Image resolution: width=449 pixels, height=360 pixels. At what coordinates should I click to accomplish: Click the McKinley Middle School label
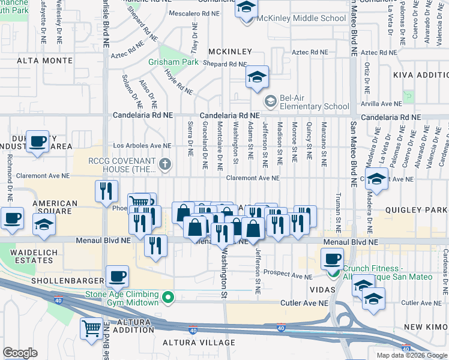tap(301, 19)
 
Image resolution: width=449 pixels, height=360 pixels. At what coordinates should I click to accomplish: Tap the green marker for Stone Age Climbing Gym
tap(169, 297)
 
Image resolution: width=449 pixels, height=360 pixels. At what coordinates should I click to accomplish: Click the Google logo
tap(20, 352)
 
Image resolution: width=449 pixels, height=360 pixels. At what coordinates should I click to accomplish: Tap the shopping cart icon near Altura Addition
tap(91, 328)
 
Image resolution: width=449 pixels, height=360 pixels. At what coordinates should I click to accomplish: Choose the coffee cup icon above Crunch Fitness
tap(332, 259)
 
